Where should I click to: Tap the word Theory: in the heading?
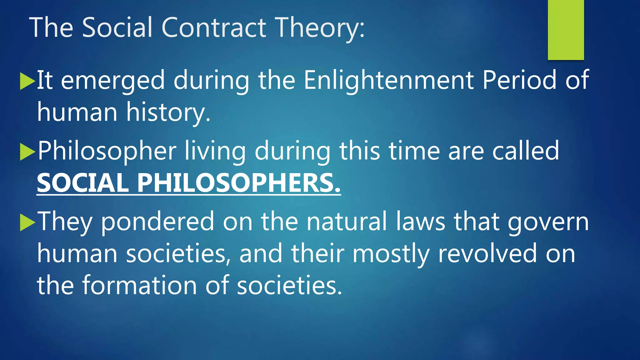click(321, 28)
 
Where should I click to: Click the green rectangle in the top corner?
click(566, 30)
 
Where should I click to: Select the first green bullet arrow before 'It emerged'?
click(27, 81)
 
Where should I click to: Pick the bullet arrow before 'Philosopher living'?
click(27, 152)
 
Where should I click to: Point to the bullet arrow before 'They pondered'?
click(27, 222)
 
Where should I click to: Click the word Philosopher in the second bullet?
click(107, 152)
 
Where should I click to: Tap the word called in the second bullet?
click(526, 151)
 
